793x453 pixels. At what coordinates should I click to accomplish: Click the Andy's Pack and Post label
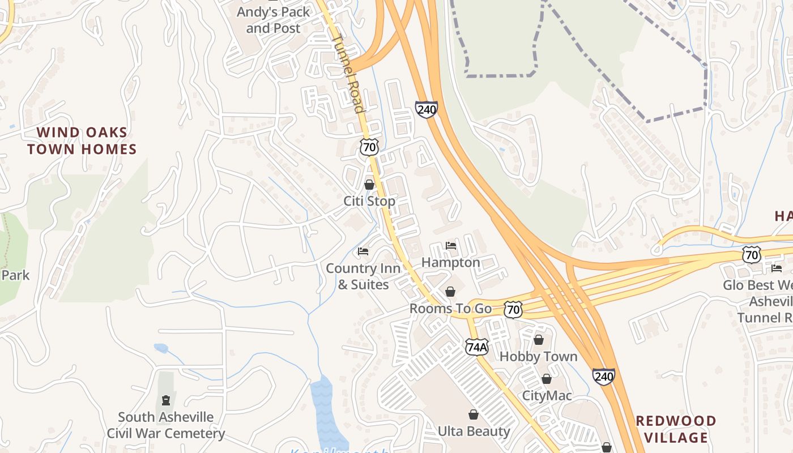pos(273,20)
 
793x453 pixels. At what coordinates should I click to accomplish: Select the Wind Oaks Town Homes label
pos(82,141)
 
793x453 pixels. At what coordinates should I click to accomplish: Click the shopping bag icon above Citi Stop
pos(369,185)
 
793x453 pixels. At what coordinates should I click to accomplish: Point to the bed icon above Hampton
pos(451,246)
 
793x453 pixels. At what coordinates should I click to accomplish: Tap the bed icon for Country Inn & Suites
pos(363,251)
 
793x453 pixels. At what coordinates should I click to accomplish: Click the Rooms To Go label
pos(450,309)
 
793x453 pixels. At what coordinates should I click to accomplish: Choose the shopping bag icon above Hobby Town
pos(539,340)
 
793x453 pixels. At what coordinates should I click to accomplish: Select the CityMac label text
pos(547,395)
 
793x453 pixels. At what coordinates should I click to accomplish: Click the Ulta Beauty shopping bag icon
pos(474,415)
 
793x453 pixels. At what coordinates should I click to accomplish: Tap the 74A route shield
pos(476,347)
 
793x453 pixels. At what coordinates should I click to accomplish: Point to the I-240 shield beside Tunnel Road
pos(426,109)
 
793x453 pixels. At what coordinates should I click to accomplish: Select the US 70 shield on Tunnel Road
pos(369,147)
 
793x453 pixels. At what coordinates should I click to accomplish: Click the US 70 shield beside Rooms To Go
pos(513,309)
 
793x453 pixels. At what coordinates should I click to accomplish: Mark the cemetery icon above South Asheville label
pos(165,401)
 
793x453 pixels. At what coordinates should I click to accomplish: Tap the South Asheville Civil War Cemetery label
pos(165,425)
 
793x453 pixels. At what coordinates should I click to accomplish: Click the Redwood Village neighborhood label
pos(676,429)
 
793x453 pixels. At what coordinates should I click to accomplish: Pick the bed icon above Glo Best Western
pos(776,268)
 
